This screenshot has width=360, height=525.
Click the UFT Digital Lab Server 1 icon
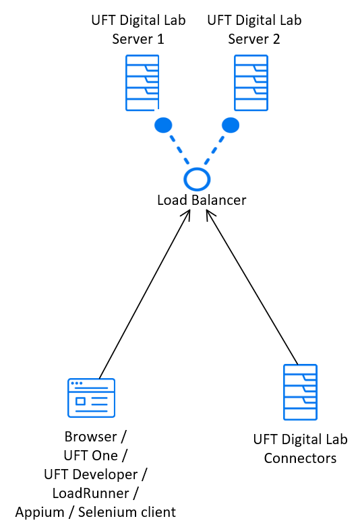(142, 83)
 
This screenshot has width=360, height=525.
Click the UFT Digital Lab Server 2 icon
(251, 83)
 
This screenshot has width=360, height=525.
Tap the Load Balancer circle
(197, 179)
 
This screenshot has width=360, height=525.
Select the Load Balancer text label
(202, 200)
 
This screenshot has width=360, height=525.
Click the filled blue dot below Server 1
(163, 125)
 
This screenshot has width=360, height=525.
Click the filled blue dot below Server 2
(231, 125)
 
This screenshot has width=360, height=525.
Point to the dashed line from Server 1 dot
(179, 150)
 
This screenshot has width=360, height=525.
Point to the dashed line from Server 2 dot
(214, 150)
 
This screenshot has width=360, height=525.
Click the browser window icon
(92, 398)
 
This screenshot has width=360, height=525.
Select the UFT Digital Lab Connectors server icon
(301, 392)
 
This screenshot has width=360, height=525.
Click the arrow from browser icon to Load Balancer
(145, 294)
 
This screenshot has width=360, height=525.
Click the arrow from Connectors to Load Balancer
(252, 287)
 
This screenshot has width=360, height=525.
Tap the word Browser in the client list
(91, 437)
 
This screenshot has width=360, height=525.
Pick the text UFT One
(91, 456)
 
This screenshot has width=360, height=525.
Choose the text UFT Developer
(91, 474)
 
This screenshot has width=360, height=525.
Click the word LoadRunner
(91, 493)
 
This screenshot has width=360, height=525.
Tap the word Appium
(40, 513)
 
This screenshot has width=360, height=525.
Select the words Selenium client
(127, 512)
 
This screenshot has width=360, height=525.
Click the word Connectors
(300, 458)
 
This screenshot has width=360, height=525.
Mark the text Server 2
(254, 39)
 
